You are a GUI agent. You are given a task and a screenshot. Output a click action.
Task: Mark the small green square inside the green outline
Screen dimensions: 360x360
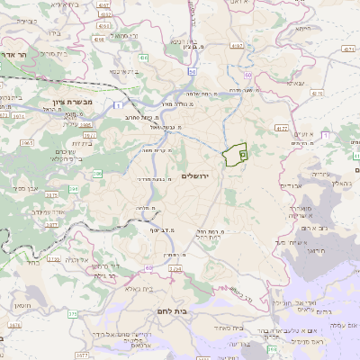[x=242, y=155]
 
